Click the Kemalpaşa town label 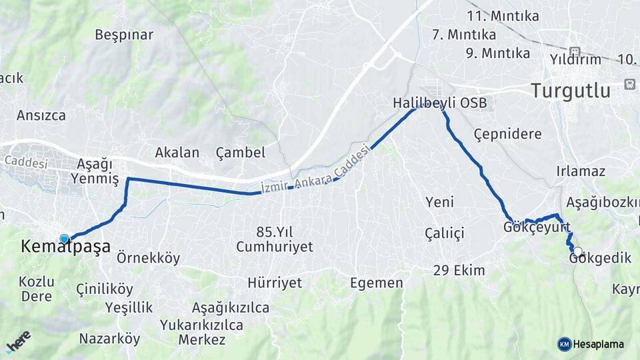pyautogui.click(x=65, y=247)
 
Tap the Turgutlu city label pyautogui.click(x=571, y=91)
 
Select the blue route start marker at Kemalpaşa pyautogui.click(x=64, y=239)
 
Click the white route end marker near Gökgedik pyautogui.click(x=578, y=253)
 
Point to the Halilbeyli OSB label pyautogui.click(x=440, y=103)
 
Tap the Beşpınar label pyautogui.click(x=124, y=35)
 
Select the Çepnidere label pyautogui.click(x=507, y=134)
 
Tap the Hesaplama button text pyautogui.click(x=599, y=344)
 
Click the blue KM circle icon pyautogui.click(x=565, y=344)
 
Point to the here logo pyautogui.click(x=18, y=341)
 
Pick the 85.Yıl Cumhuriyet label pyautogui.click(x=275, y=239)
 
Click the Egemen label pyautogui.click(x=377, y=283)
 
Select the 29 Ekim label pyautogui.click(x=459, y=271)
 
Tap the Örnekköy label pyautogui.click(x=148, y=258)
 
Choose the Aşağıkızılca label pyautogui.click(x=231, y=307)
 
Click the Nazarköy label pyautogui.click(x=109, y=339)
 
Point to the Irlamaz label pyautogui.click(x=581, y=171)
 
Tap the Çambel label pyautogui.click(x=241, y=153)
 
